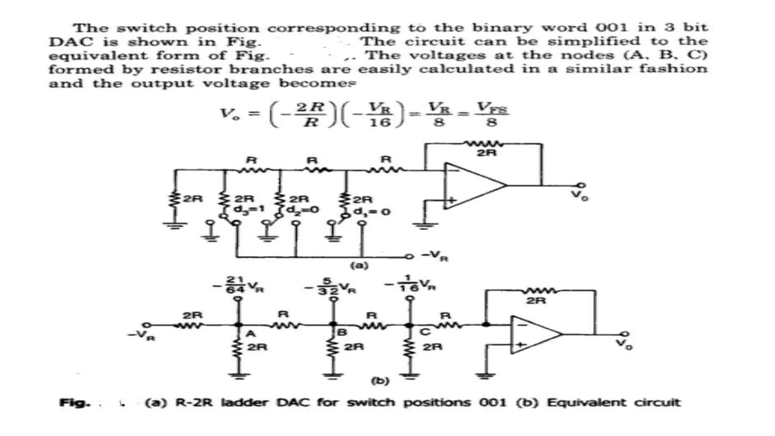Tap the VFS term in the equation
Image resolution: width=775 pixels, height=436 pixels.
click(x=491, y=108)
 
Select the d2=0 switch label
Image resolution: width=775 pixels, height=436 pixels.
click(x=303, y=209)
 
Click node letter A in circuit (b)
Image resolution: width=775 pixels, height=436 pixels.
click(x=251, y=334)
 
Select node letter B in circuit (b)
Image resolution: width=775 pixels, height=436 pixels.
click(x=342, y=333)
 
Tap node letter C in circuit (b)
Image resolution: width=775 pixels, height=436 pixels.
click(x=425, y=332)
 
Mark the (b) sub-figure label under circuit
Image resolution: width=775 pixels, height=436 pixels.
click(x=380, y=381)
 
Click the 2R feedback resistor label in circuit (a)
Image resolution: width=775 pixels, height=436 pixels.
click(x=486, y=153)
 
